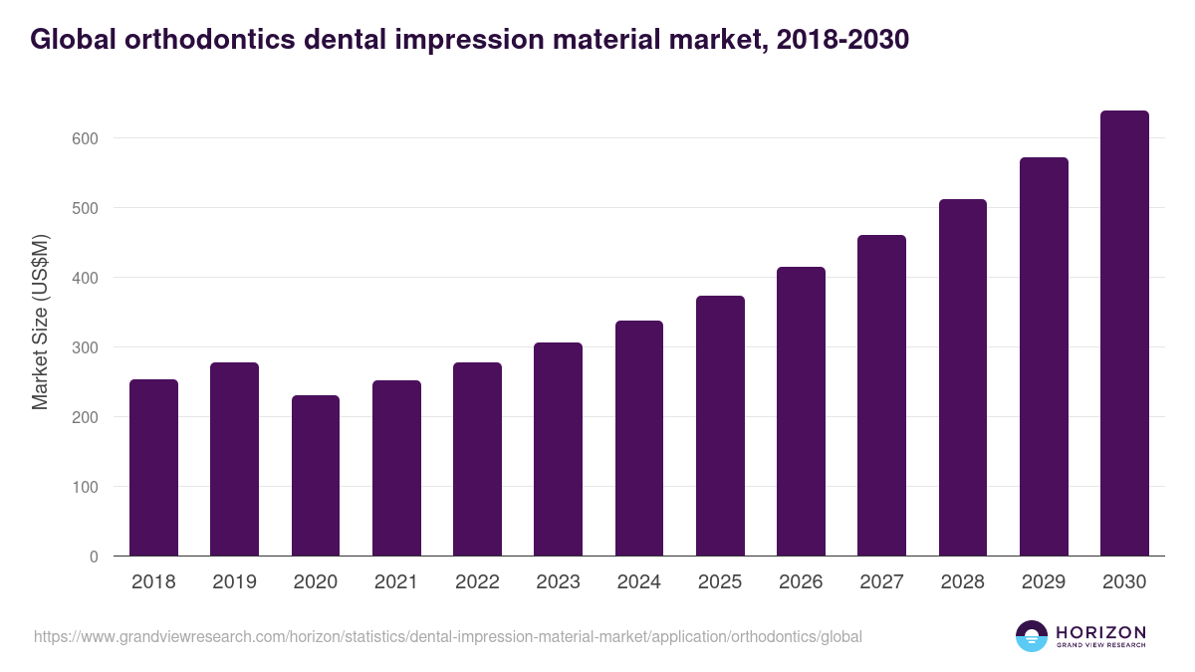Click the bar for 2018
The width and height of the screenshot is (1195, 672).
pos(153,468)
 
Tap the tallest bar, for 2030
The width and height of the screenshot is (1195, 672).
pos(1124,334)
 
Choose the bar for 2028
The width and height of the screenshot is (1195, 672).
pos(962,377)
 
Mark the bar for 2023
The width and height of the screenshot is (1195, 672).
pos(558,449)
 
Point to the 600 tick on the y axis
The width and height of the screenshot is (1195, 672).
pos(87,138)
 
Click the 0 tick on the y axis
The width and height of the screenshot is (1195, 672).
pos(94,557)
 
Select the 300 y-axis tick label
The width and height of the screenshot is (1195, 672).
pos(87,347)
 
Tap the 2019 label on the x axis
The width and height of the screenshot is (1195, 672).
pos(235,582)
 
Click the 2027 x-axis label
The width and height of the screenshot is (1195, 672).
pos(881,582)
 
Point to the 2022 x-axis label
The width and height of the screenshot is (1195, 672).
pos(477,582)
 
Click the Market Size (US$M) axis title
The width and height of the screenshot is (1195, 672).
pos(40,323)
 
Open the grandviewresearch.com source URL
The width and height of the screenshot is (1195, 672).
pos(448,636)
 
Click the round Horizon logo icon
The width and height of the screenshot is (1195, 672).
pos(1032,636)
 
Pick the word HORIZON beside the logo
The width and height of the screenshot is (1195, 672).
pos(1100,631)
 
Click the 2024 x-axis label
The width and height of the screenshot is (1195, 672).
pos(638,582)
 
